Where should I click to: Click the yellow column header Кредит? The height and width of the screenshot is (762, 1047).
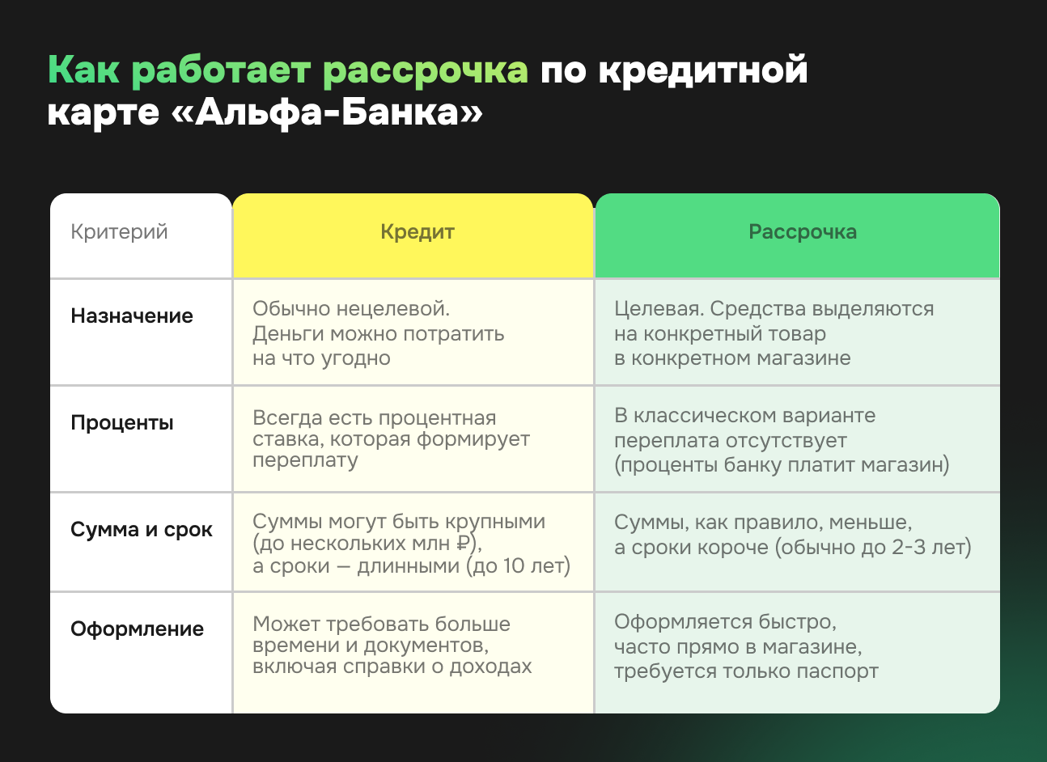[x=417, y=232]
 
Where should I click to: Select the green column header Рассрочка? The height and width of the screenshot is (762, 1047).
[x=802, y=232]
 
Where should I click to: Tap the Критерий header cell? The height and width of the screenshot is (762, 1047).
[x=119, y=232]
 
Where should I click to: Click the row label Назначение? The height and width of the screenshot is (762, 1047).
[x=132, y=315]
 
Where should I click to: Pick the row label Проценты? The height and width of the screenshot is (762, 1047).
[x=122, y=422]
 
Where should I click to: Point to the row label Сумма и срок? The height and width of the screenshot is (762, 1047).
[x=142, y=530]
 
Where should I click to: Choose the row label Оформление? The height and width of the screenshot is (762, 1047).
[x=137, y=629]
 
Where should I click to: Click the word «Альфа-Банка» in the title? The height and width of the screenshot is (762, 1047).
[x=327, y=112]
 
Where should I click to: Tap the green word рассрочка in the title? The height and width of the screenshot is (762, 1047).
[x=426, y=70]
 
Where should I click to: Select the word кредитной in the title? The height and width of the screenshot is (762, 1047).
[x=703, y=70]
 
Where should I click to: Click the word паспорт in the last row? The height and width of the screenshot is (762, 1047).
[x=837, y=671]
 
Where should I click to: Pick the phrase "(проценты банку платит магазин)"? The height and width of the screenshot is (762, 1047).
[x=782, y=465]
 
